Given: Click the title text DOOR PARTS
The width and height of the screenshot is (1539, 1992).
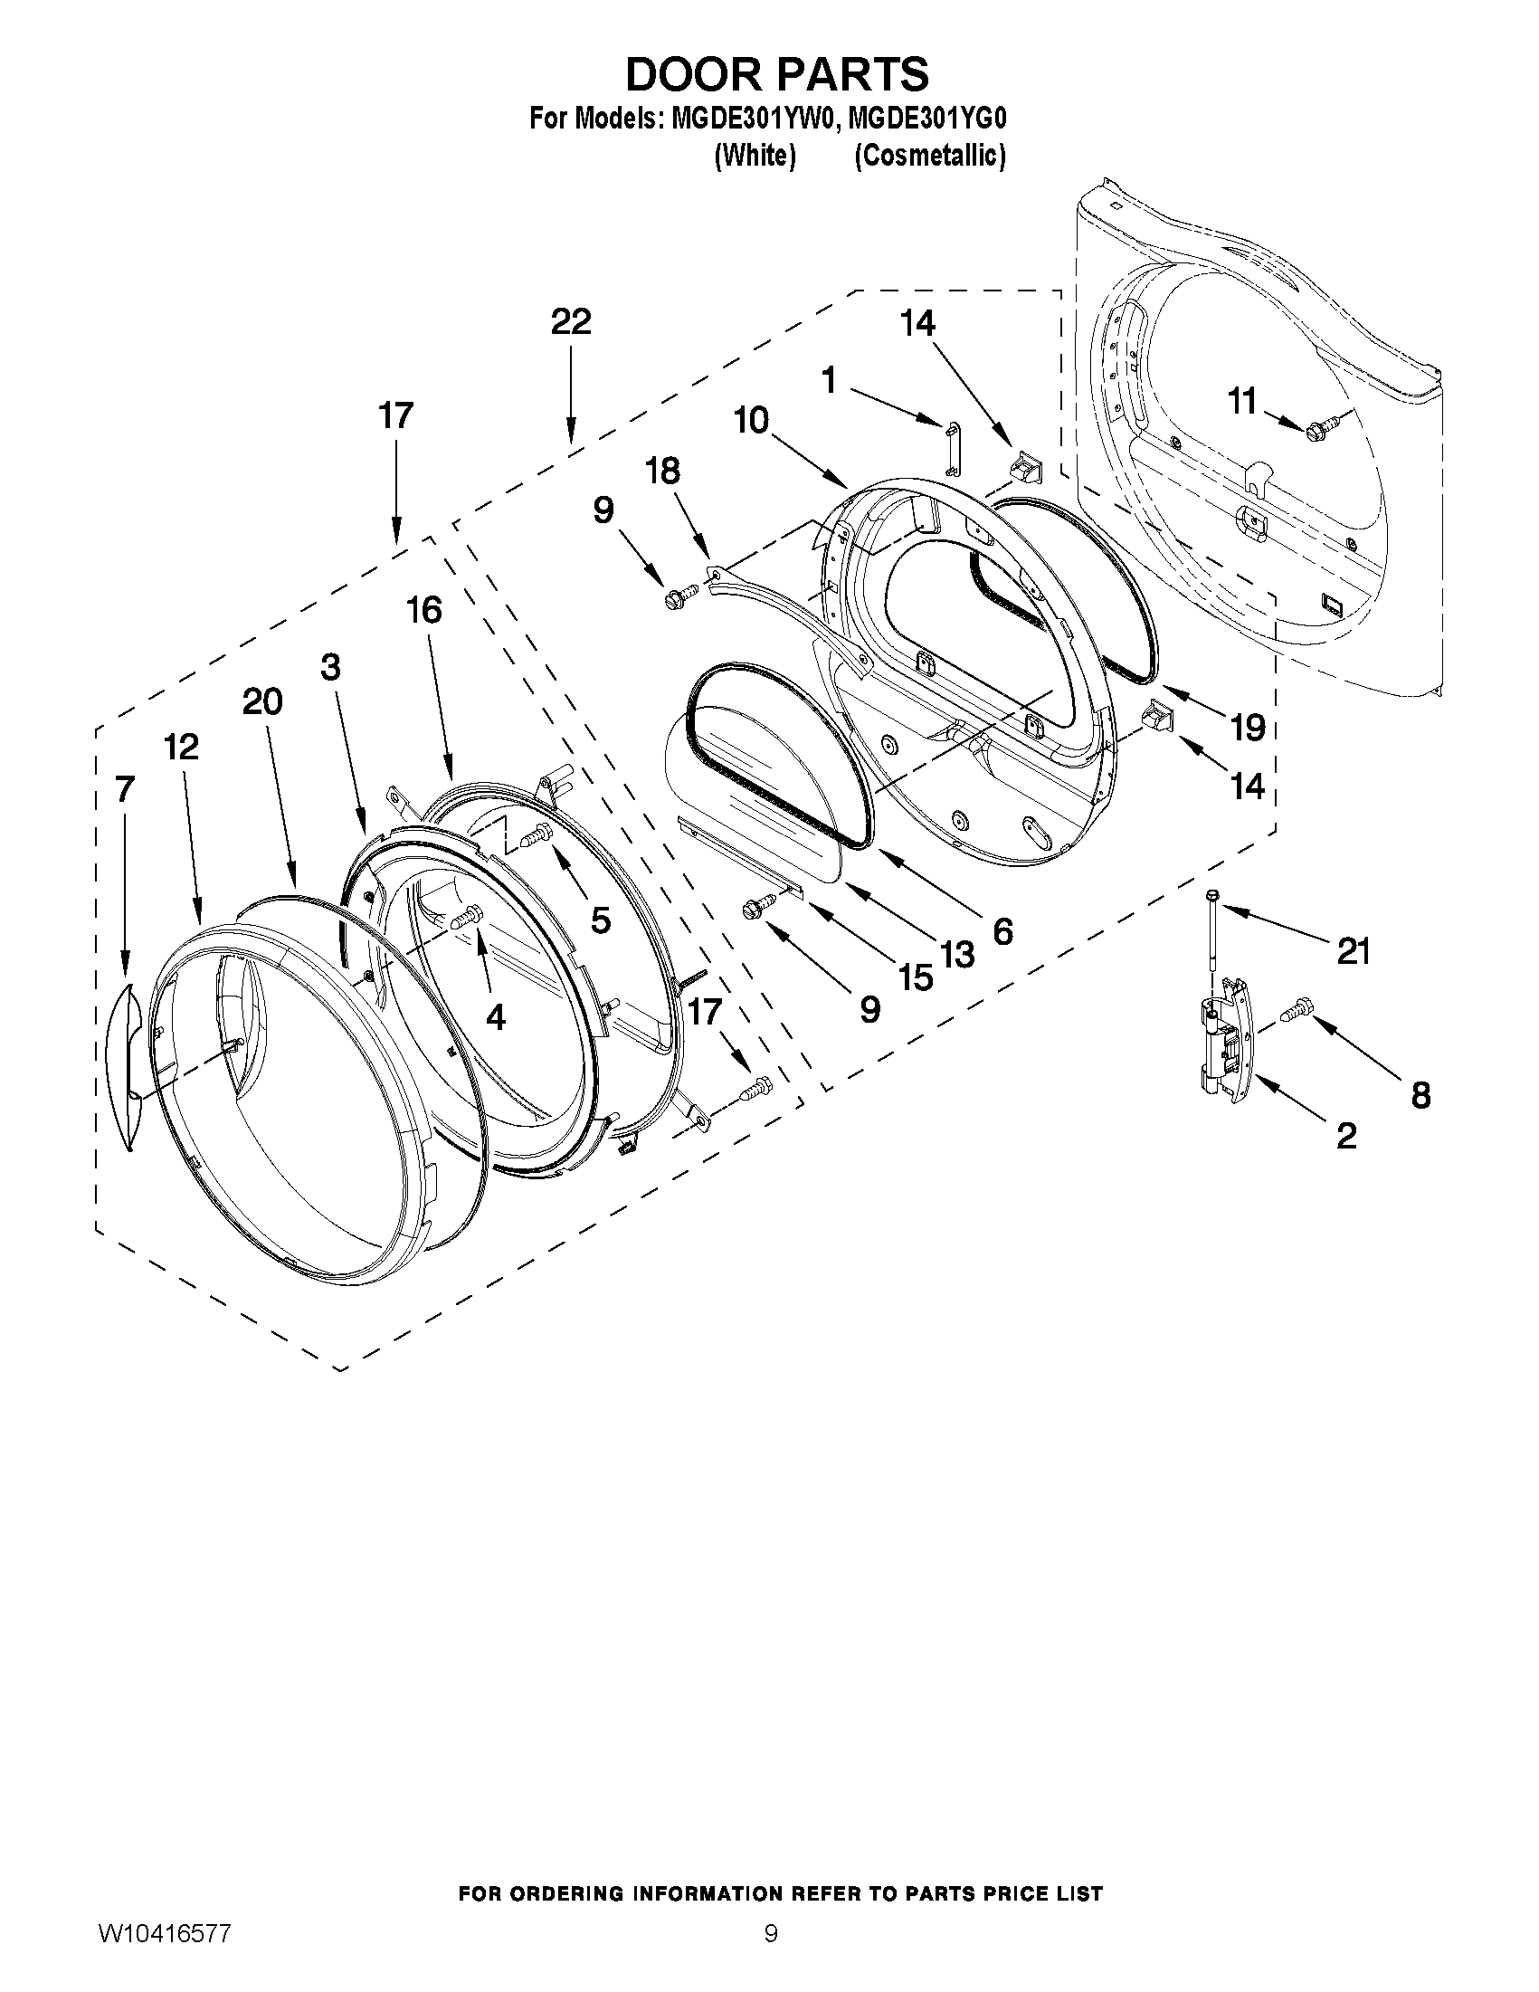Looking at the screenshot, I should click(x=777, y=74).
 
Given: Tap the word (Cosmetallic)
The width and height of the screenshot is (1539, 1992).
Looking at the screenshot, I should click(x=930, y=156).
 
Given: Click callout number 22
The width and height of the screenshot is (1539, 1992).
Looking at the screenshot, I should click(x=571, y=322).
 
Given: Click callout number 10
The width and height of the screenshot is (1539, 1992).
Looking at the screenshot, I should click(x=752, y=421).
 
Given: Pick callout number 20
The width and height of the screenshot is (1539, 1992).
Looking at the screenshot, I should click(x=262, y=701).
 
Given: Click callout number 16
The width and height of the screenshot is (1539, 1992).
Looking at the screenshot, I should click(x=424, y=610).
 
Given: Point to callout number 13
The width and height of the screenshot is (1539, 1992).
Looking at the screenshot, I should click(x=957, y=955).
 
